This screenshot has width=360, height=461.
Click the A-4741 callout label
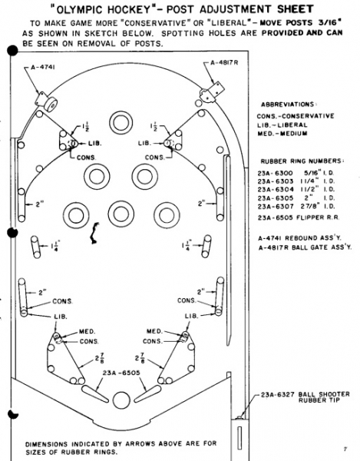42,67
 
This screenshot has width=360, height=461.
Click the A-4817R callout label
224,63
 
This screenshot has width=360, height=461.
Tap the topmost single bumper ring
121,123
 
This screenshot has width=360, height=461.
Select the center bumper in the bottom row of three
121,214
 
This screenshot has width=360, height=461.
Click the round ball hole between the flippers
121,400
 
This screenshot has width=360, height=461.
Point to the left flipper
95,393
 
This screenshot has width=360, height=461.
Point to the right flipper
147,393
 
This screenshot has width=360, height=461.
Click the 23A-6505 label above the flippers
121,373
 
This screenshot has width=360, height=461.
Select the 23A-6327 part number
278,395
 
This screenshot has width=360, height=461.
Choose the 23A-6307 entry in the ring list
275,207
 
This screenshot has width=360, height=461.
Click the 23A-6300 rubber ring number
275,173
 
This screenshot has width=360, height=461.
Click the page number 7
345,449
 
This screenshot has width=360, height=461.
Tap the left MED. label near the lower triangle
87,332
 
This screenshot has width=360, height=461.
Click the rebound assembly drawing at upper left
46,101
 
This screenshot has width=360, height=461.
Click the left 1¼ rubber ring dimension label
55,246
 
